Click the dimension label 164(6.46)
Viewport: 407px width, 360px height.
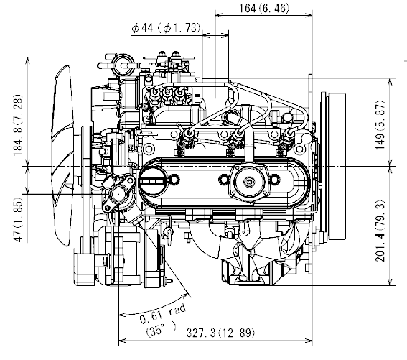pos(264,9)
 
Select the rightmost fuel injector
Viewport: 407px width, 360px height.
pos(291,139)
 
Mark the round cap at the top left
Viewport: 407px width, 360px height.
pos(122,64)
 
